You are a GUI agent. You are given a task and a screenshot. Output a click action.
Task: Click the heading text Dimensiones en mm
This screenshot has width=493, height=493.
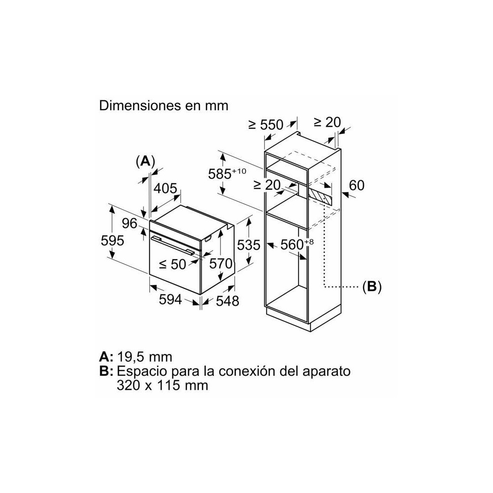pos(164,106)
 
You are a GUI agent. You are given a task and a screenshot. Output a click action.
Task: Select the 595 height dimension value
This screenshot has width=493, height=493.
pos(112,241)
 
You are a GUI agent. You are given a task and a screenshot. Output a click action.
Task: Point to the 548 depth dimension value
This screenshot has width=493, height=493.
pos(228,301)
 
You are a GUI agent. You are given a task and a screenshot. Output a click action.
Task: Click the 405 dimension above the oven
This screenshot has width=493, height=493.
pos(165,188)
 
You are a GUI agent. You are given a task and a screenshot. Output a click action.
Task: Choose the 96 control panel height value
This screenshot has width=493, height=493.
pos(130,223)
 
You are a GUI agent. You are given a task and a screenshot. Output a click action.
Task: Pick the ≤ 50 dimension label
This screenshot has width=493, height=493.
pos(173,264)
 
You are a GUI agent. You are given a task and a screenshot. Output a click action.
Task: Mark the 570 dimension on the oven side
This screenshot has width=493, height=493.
pos(221,264)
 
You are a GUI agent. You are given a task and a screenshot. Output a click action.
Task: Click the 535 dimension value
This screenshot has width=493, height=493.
pos(249,245)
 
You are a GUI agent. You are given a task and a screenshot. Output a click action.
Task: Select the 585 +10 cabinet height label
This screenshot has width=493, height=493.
pos(227,173)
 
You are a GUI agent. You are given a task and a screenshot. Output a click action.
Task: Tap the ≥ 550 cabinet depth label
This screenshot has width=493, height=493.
pos(266,125)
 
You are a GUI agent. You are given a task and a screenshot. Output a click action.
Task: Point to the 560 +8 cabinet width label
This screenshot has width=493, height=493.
pos(297,244)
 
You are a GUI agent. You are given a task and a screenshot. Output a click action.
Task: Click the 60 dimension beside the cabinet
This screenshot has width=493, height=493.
pos(357,185)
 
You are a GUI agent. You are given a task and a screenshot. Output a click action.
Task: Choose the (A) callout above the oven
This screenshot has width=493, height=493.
pos(145,161)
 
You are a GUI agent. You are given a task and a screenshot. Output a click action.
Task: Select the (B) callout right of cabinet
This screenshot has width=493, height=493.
pos(372,286)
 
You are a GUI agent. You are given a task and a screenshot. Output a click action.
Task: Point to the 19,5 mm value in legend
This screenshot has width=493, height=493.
pos(145,357)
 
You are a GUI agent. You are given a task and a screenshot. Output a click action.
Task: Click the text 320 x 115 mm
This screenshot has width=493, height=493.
pos(162,385)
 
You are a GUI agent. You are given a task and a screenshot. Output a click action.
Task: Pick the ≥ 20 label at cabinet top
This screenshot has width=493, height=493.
pos(327,122)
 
